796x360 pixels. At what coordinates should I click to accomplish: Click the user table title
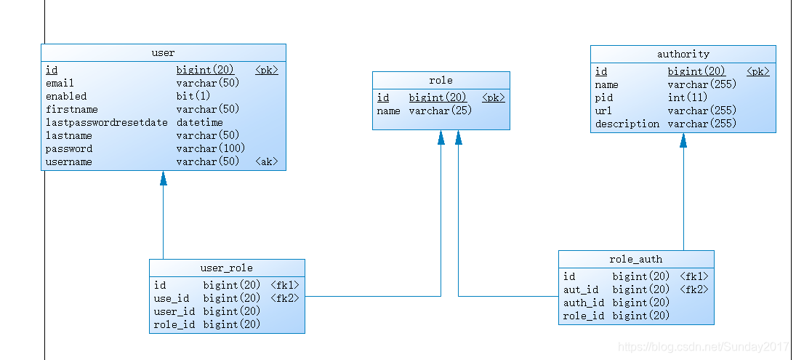point(163,53)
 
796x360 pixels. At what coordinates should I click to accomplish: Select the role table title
point(441,80)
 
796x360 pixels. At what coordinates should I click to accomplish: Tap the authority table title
point(683,54)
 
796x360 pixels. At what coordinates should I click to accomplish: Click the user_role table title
point(226,268)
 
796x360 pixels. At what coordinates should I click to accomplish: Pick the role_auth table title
point(636,260)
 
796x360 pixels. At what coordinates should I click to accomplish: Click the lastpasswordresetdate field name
point(107,122)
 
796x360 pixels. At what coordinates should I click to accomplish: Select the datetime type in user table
point(199,122)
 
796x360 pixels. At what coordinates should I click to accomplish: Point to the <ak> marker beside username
point(267,161)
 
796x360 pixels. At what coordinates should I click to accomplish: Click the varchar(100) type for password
point(211,148)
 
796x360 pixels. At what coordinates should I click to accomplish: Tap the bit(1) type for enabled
point(193,96)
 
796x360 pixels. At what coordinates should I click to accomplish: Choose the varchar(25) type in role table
point(441,111)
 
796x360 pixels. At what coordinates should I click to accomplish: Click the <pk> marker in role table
point(494,97)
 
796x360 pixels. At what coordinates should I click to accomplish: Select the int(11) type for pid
point(688,97)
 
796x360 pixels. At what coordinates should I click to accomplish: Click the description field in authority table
point(627,124)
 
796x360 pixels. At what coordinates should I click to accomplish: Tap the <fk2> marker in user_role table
point(285,298)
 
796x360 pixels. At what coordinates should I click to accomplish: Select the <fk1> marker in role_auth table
point(694,276)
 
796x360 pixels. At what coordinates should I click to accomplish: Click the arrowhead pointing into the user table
point(164,177)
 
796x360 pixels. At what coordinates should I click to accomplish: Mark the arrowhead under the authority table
point(683,140)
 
